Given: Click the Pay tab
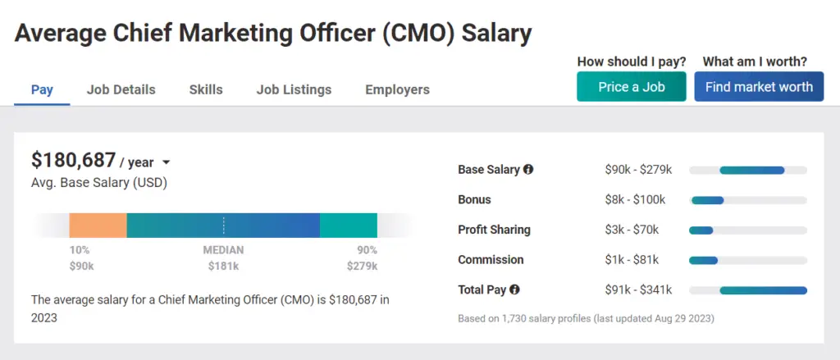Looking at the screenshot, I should coord(42,89).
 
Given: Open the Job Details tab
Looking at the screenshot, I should coord(121,89).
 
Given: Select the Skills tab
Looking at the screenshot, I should coord(205,89).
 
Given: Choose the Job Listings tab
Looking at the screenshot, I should coord(294,89).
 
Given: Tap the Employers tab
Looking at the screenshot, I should coord(397,89).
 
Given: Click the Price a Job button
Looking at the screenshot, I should coord(631,87).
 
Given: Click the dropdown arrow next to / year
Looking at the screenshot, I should coord(166,163).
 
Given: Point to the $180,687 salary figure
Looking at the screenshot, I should coord(73,161).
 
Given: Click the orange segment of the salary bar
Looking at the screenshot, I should coord(98,226).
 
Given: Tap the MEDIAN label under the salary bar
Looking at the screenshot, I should coord(223,250).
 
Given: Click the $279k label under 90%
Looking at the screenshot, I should coord(361,266).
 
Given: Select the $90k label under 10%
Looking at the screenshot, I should coord(80,266).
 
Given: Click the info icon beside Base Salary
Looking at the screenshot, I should coord(528,170).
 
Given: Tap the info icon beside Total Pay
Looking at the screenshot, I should coord(514,289).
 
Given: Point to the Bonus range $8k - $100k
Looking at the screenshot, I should coord(635,200).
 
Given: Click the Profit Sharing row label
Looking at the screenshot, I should coord(494,230).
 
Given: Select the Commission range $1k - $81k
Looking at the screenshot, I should coord(632,260).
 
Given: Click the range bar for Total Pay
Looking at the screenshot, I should coord(763,290).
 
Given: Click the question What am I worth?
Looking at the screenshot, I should coord(755,62).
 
